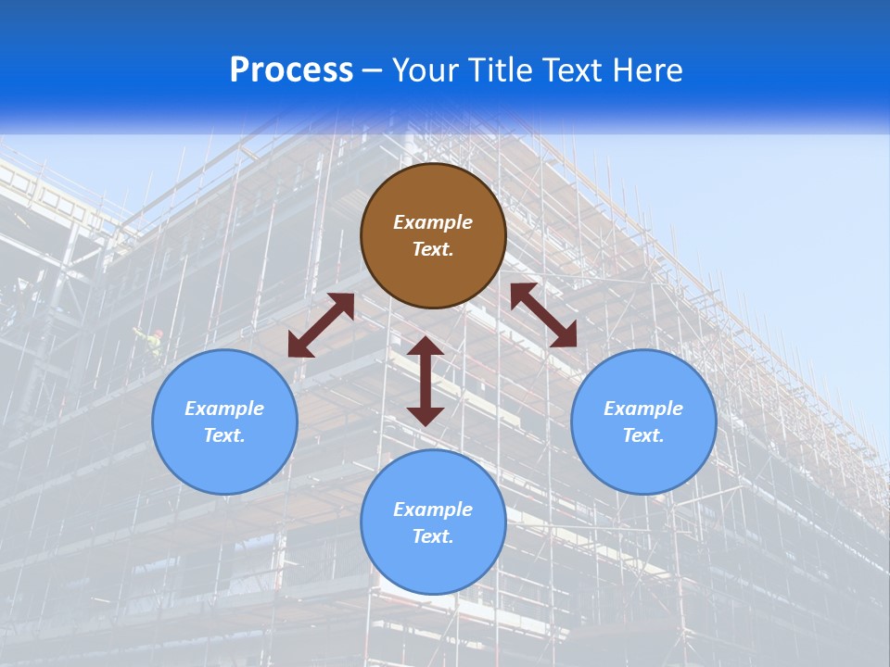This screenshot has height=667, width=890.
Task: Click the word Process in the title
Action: click(x=291, y=70)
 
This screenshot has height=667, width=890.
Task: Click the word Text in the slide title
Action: click(x=575, y=70)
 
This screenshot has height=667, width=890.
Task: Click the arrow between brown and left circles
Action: click(x=321, y=325)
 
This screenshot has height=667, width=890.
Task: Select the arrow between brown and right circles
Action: click(x=543, y=315)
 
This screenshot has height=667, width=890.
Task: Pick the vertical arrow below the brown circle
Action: click(x=426, y=381)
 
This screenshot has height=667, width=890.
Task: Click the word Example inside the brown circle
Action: click(x=433, y=222)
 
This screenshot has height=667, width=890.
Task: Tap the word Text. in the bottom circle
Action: click(x=433, y=536)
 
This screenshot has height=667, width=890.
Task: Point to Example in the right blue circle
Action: click(x=643, y=409)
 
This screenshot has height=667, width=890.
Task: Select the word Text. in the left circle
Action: click(x=224, y=435)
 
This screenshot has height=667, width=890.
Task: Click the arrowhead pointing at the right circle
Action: click(x=564, y=335)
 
